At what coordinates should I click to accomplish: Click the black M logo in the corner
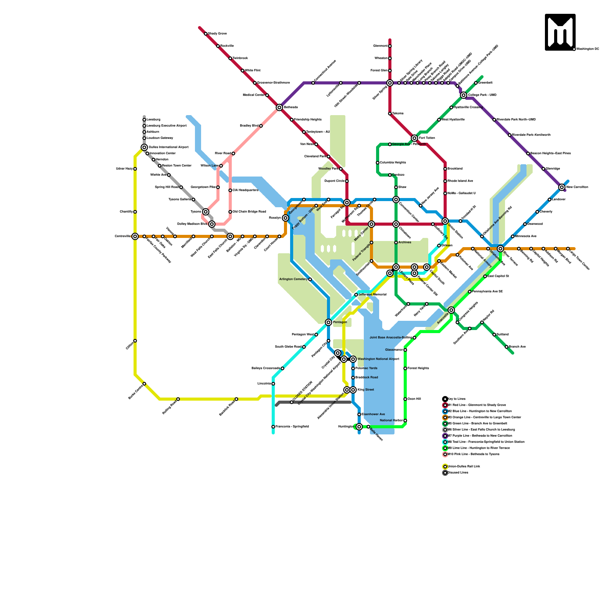click(560, 32)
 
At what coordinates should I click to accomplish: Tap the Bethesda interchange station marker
click(279, 107)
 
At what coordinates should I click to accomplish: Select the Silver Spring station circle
click(390, 83)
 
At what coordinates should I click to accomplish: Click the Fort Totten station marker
click(414, 138)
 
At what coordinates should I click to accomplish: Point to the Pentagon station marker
click(328, 322)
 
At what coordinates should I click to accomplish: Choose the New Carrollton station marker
click(562, 187)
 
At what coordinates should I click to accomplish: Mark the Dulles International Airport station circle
click(144, 147)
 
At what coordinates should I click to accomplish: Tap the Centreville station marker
click(135, 236)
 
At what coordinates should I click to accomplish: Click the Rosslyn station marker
click(286, 218)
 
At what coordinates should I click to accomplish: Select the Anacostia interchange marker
click(451, 310)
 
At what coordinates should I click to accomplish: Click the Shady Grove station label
click(217, 34)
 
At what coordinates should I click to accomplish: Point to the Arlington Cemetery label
click(293, 279)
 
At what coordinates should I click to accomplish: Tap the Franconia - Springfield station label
click(292, 427)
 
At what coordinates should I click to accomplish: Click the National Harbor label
click(391, 421)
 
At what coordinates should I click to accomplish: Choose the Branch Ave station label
click(517, 347)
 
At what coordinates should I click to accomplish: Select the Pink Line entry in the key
click(474, 454)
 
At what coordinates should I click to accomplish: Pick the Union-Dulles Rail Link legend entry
click(464, 467)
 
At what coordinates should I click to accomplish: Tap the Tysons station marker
click(206, 212)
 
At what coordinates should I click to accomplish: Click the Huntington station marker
click(359, 427)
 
